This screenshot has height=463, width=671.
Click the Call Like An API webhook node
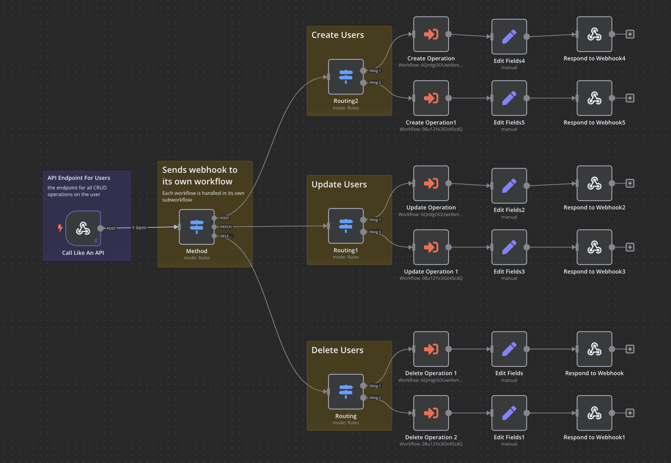point(83,228)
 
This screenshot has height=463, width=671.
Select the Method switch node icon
point(197,227)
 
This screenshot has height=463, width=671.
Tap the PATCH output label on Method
point(226,227)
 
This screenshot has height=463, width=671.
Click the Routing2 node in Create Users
point(346,77)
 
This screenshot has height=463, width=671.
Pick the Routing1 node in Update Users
point(346,226)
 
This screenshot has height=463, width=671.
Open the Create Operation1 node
point(431,98)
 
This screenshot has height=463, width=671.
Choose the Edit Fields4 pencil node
point(509,37)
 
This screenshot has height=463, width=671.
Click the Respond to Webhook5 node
point(594,98)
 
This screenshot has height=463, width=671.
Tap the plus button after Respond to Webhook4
point(630,34)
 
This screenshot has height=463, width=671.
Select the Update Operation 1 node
point(431,247)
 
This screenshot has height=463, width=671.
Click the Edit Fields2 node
point(509,186)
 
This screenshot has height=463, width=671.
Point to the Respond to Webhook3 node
point(594,247)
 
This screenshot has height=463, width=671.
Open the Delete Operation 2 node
point(431,413)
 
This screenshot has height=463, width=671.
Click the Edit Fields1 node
point(509,413)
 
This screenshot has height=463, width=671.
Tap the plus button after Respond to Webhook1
point(630,413)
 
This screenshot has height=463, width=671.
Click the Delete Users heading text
point(337,350)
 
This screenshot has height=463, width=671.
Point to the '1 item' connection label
point(139,228)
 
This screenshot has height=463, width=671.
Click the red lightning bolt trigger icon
point(60,228)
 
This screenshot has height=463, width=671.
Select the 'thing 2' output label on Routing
point(375,398)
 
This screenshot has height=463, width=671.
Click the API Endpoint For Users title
point(79,178)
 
